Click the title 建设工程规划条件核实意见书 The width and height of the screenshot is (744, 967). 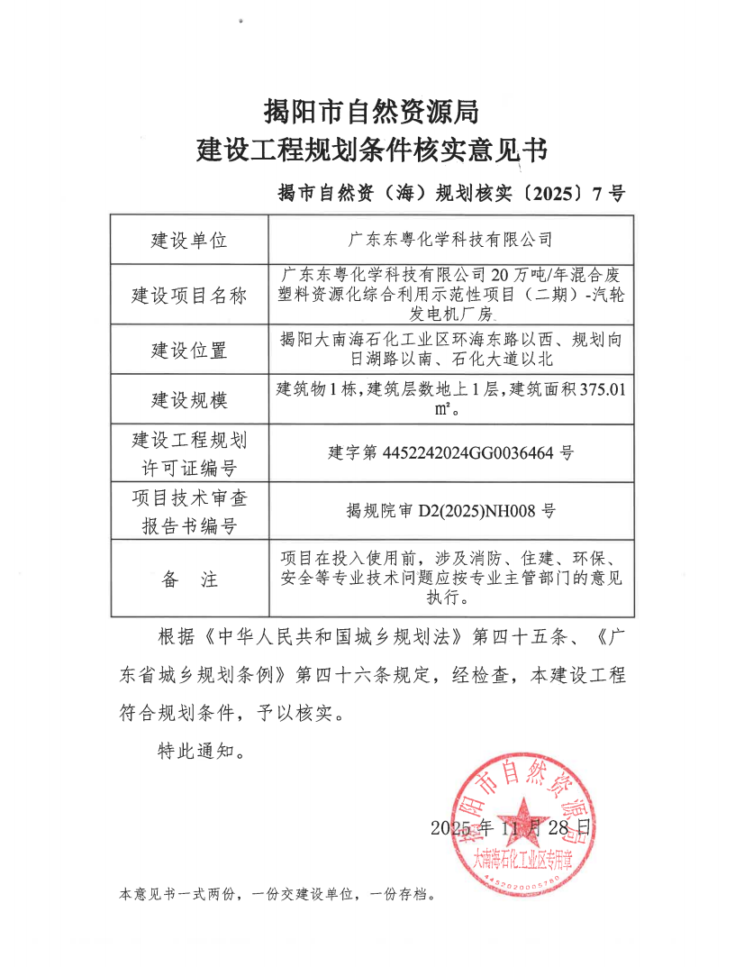(371, 150)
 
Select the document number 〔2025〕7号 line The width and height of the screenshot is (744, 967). (451, 193)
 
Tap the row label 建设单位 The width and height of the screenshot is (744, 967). (189, 241)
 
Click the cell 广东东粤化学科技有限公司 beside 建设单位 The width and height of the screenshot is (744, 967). (450, 241)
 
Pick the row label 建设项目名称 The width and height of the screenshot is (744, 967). (189, 296)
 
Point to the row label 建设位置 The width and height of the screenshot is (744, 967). (189, 351)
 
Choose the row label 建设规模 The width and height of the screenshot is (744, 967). (189, 400)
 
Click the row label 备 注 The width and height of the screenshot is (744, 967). (189, 579)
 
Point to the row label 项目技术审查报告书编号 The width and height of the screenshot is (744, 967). (189, 511)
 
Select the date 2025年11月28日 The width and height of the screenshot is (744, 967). (513, 827)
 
